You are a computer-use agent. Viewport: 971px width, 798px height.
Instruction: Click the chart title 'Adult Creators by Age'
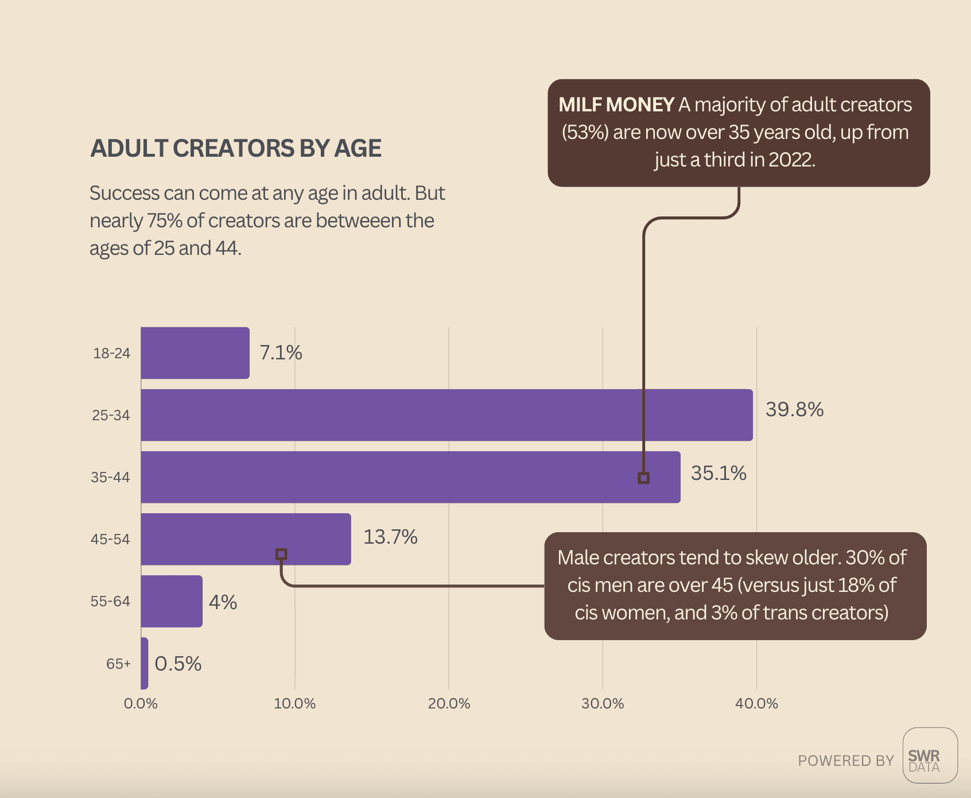point(236,148)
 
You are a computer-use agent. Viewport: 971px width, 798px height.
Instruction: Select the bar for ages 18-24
point(195,352)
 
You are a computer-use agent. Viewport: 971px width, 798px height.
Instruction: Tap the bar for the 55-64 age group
point(172,601)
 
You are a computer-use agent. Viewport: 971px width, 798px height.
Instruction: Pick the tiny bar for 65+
point(145,663)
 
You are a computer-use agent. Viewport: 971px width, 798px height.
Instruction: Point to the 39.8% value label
point(794,409)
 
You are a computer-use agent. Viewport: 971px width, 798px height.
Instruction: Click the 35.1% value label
point(718,473)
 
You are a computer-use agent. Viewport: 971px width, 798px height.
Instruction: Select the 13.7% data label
point(390,537)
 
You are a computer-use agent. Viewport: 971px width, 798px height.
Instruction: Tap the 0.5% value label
point(178,664)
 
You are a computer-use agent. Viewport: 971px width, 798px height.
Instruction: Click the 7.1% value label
point(281,352)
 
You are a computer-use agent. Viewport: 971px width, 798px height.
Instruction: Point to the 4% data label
point(223,602)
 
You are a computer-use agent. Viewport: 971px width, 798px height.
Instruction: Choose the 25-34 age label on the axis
point(111,415)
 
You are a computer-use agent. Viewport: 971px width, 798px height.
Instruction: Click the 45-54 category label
point(110,539)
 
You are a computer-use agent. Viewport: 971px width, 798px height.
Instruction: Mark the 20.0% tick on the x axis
point(449,703)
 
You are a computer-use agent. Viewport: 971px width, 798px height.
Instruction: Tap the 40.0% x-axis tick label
point(756,703)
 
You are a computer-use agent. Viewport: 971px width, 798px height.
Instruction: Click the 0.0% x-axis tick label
point(141,703)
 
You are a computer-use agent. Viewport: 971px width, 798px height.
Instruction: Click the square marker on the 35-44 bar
point(644,478)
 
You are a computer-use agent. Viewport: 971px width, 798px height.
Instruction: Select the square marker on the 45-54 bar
point(281,554)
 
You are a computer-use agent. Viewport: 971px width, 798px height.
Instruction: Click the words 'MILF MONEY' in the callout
point(616,104)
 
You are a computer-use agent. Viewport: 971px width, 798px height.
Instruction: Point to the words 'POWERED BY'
point(846,761)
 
